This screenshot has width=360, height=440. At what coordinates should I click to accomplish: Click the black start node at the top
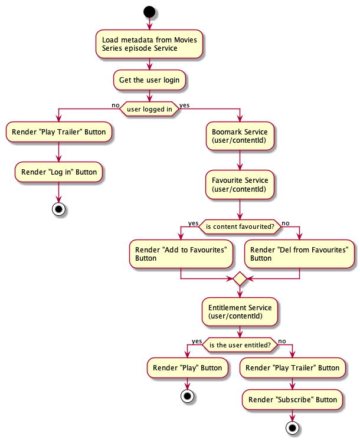click(x=149, y=12)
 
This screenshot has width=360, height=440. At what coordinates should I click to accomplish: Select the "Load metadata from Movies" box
click(x=149, y=44)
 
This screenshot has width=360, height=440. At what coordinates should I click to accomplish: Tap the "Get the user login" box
click(x=149, y=80)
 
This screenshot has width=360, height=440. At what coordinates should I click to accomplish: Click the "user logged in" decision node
click(x=149, y=109)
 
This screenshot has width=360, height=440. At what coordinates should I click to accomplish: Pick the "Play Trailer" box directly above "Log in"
click(x=58, y=132)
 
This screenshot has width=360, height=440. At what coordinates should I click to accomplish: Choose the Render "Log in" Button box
click(x=58, y=172)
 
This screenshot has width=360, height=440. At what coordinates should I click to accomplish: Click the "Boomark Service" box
click(x=240, y=136)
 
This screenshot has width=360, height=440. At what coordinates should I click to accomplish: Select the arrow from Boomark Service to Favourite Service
click(x=240, y=159)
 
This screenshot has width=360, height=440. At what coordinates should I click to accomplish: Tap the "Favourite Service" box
click(x=240, y=184)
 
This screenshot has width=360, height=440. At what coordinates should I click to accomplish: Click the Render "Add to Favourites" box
click(x=181, y=254)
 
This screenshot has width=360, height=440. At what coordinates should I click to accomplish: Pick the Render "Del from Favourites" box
click(x=299, y=254)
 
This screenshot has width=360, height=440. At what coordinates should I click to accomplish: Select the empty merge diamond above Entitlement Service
click(x=240, y=278)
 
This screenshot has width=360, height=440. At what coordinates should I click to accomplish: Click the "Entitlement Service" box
click(x=240, y=311)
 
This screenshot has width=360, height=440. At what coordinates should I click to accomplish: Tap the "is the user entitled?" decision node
click(x=240, y=345)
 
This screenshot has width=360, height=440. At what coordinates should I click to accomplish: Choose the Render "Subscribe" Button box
click(x=293, y=399)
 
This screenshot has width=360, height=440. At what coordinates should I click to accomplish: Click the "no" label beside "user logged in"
click(x=116, y=105)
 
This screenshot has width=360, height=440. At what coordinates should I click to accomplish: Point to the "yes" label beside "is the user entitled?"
click(x=196, y=341)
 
